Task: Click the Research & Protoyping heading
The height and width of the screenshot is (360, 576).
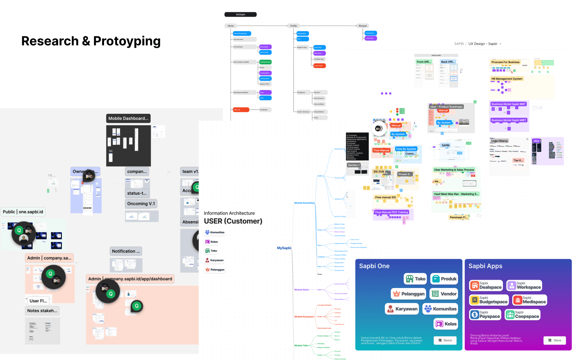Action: click(x=91, y=41)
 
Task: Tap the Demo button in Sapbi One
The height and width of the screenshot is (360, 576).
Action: click(x=445, y=340)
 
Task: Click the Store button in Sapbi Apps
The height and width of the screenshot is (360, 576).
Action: click(x=554, y=340)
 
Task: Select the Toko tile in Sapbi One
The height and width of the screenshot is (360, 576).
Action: click(x=415, y=279)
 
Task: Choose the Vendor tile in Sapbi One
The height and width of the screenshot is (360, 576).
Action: click(x=444, y=294)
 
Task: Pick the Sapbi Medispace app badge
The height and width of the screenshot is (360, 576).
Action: click(x=530, y=300)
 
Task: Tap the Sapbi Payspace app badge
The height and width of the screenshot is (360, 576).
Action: click(x=485, y=315)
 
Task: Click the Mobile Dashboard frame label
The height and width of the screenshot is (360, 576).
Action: click(x=128, y=118)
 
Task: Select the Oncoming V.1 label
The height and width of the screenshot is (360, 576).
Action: click(x=141, y=204)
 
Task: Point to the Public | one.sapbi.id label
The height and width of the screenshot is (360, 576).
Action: click(x=23, y=212)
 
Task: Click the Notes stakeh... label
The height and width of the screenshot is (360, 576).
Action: click(x=42, y=311)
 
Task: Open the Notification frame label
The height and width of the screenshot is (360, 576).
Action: click(x=126, y=251)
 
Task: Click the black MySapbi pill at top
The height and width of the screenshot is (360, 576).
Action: click(x=240, y=15)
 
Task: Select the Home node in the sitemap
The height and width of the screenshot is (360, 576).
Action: click(x=231, y=26)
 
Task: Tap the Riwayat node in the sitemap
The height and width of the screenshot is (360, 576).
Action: click(x=363, y=26)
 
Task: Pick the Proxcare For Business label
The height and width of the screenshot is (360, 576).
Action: click(x=505, y=62)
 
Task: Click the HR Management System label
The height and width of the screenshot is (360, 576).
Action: click(x=507, y=79)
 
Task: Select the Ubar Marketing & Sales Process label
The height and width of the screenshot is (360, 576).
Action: click(x=454, y=170)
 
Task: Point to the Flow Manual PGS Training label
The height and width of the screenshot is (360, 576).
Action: click(x=391, y=212)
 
